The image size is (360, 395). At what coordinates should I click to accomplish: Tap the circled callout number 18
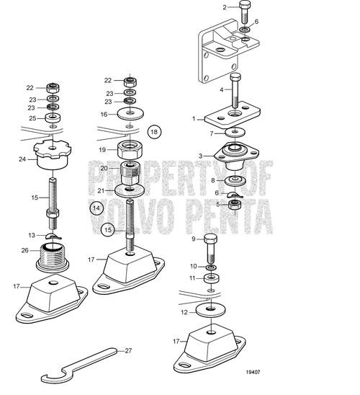pyautogui.click(x=153, y=131)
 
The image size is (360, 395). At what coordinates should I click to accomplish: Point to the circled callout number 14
pyautogui.click(x=96, y=208)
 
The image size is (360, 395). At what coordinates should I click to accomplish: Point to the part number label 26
pyautogui.click(x=26, y=251)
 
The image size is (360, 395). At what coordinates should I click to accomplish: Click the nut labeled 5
pyautogui.click(x=234, y=205)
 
